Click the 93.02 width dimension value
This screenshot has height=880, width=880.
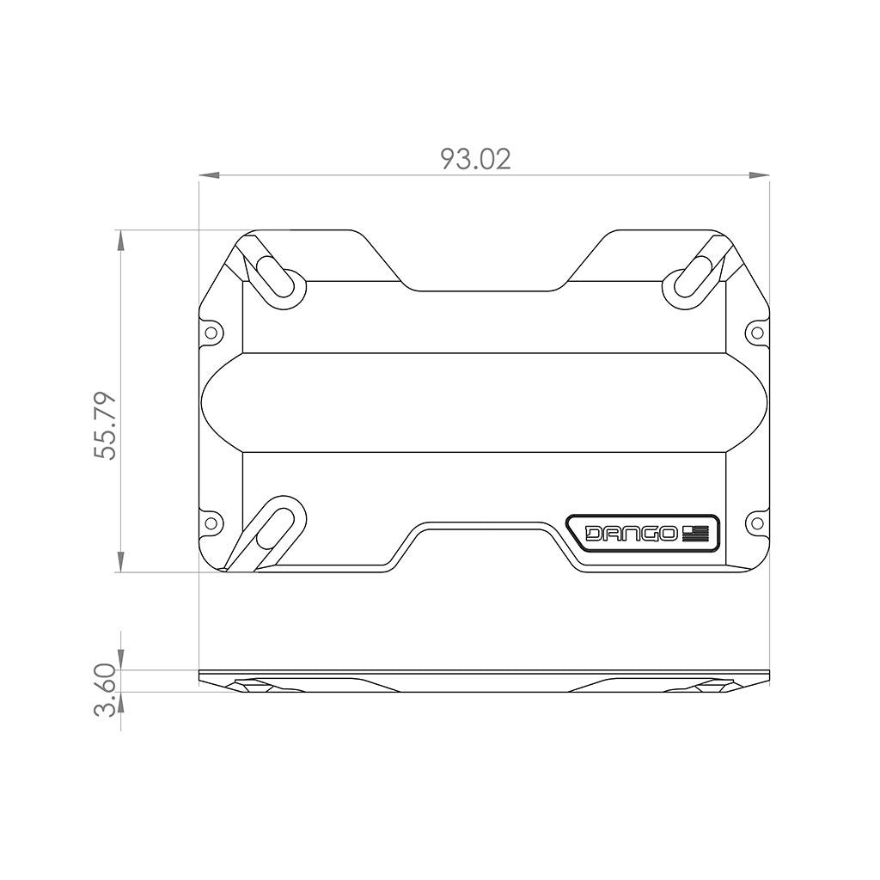point(475,159)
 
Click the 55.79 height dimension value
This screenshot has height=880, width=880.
point(105,426)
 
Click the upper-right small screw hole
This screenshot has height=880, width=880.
point(756,332)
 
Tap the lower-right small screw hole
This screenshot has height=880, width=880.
point(756,520)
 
